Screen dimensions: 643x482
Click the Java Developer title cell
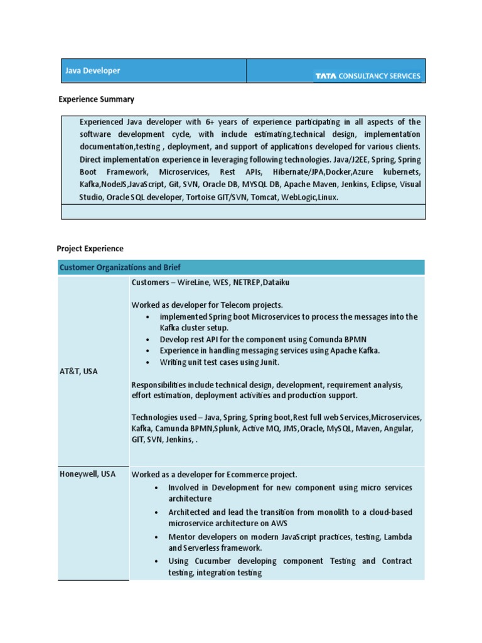(x=93, y=71)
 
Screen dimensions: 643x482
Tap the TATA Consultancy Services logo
(x=367, y=76)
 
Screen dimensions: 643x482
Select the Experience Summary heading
(x=96, y=99)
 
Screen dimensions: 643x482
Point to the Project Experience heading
(x=90, y=249)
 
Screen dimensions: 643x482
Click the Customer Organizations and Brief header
(x=120, y=267)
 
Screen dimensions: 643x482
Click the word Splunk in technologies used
(x=227, y=428)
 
